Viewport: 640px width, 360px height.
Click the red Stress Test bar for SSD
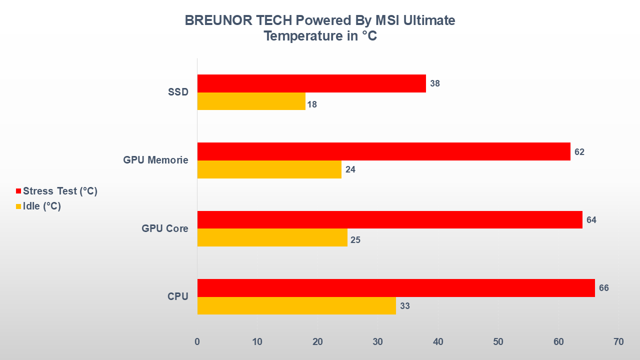coord(311,83)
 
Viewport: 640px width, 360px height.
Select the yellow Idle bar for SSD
coord(251,101)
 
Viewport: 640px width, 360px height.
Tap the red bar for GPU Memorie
coord(384,151)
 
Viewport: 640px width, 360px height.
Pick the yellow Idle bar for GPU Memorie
coord(269,169)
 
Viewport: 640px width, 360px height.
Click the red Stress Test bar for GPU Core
coord(390,219)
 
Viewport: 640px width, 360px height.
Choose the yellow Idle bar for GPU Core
coord(272,237)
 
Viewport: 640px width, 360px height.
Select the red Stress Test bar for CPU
coord(396,288)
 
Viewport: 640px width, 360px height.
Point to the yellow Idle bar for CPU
coord(296,305)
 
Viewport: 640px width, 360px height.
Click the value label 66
coord(604,288)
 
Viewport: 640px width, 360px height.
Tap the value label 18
coord(312,105)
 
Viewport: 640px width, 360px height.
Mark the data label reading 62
coord(579,152)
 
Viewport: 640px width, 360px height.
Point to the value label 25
coord(355,240)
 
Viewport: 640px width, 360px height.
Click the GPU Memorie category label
coord(155,160)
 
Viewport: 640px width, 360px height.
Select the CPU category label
coord(178,296)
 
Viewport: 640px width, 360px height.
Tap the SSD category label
coord(178,92)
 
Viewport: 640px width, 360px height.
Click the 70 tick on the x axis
coord(618,342)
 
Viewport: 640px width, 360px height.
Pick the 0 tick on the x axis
coord(197,342)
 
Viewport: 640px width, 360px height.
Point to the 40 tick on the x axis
coord(438,342)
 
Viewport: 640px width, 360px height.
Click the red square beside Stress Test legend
coord(19,191)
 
